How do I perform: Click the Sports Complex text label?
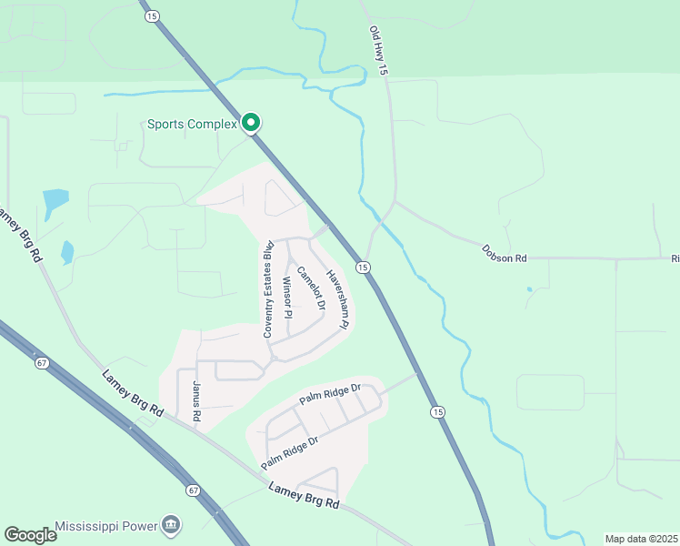point(192,124)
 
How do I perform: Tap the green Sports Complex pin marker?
point(252,122)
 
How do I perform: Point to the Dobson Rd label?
point(505,254)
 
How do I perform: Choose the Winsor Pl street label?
point(287,297)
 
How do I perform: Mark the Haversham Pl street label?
point(338,298)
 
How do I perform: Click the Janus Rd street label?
point(195,400)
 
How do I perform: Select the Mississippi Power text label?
point(105,526)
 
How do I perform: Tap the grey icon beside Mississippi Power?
point(171,525)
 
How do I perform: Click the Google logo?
point(30,535)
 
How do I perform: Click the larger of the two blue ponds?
point(55,199)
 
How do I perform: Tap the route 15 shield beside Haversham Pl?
point(363,267)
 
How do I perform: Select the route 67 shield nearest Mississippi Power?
point(194,490)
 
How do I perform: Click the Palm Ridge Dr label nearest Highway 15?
point(331,394)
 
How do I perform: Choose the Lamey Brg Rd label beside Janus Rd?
point(133,392)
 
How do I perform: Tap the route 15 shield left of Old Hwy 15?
point(151,16)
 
